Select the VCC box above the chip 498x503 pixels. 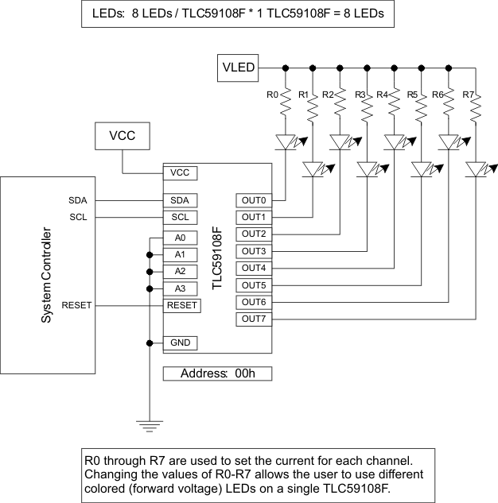point(122,136)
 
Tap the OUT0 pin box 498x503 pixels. point(254,200)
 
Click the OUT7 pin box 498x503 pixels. point(254,319)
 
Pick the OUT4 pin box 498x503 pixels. point(254,269)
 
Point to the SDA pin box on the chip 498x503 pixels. point(180,200)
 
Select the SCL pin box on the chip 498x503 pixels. point(180,217)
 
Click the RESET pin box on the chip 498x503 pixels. point(182,304)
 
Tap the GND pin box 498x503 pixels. point(180,343)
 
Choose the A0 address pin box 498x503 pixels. point(180,238)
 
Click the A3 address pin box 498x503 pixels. point(180,288)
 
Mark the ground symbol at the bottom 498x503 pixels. point(149,426)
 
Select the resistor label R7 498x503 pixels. point(467,95)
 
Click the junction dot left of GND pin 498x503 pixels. point(149,343)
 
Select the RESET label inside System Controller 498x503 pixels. point(76,305)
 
